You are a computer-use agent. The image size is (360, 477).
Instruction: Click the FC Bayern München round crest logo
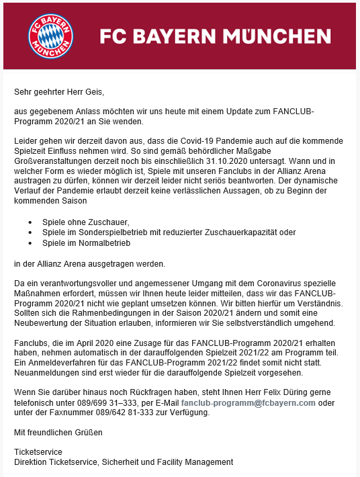(x=52, y=35)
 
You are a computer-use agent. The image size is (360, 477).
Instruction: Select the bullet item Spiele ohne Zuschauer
(x=86, y=222)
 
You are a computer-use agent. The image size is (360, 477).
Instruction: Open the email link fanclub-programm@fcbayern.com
(x=248, y=403)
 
